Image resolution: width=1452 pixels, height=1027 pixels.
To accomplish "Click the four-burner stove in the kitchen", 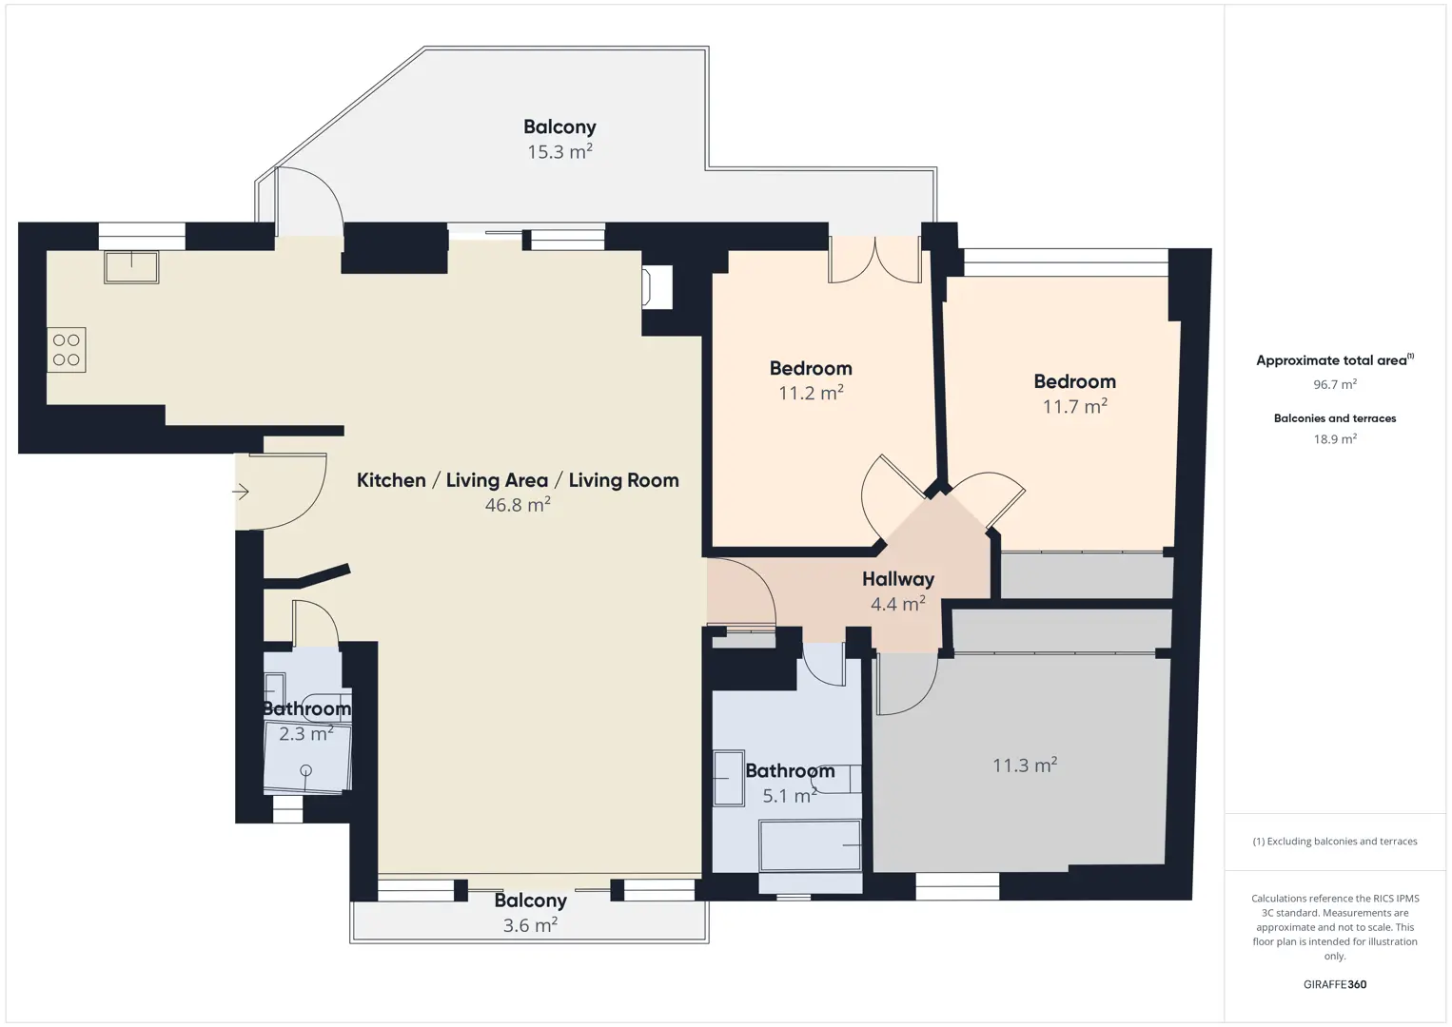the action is (66, 350).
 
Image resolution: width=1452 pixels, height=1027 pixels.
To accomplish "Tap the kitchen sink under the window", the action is (131, 267).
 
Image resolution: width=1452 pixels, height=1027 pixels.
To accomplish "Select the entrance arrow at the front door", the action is (241, 492).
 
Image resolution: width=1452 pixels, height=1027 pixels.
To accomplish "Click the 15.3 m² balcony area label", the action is (559, 151).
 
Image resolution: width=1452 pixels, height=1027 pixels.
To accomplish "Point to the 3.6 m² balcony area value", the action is (530, 924).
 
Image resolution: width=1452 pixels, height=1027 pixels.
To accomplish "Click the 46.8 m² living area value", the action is (518, 504).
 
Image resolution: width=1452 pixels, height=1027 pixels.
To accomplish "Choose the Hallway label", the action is (898, 578).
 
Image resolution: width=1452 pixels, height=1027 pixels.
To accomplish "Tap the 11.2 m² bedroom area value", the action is (811, 393).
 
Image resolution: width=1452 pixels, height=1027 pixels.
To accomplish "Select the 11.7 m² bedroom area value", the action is (1075, 406).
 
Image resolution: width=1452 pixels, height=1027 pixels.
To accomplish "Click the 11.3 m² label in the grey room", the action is (1025, 765).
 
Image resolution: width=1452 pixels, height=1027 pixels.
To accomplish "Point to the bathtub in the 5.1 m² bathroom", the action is (811, 845).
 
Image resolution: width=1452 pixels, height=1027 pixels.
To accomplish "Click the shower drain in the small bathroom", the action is (306, 770).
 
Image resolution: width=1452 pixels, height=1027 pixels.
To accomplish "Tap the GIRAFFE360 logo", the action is (1335, 984).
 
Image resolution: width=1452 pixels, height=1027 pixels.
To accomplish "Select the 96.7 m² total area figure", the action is (1335, 384).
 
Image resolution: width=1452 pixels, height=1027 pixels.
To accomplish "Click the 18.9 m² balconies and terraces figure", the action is (1335, 438).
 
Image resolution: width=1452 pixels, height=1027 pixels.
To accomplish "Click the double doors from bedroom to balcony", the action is (875, 260).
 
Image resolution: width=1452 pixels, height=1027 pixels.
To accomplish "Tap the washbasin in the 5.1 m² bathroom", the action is (729, 778).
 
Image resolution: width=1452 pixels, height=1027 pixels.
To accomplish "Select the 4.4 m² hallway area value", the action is (898, 604).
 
